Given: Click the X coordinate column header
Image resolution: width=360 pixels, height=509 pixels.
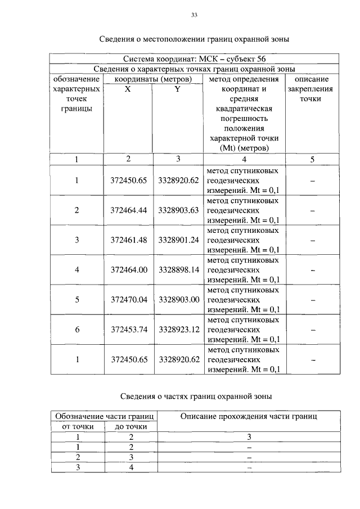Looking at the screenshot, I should click(x=128, y=89).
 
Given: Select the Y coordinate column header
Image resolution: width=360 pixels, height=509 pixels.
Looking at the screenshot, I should click(x=177, y=89).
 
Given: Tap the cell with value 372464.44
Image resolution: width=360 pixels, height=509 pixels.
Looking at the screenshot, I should click(x=128, y=210).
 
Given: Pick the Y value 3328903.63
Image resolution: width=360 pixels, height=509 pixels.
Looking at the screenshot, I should click(x=179, y=210).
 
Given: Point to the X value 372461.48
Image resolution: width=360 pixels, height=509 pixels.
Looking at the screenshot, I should click(x=128, y=240).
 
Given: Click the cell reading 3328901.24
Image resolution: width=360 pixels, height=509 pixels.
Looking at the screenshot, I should click(x=179, y=240).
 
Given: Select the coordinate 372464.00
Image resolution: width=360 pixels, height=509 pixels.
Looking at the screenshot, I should click(x=128, y=269).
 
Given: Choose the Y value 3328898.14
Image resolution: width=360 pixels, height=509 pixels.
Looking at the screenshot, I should click(x=179, y=269).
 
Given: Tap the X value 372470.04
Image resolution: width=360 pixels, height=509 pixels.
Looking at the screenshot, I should click(x=128, y=299).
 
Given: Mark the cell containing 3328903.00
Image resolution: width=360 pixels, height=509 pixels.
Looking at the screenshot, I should click(x=179, y=299).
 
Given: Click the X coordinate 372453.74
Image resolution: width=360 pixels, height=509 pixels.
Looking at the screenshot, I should click(x=128, y=329).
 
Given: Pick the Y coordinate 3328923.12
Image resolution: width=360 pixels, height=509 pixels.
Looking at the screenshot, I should click(x=179, y=329).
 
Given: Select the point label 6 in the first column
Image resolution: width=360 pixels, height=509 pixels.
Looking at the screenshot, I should click(x=77, y=329).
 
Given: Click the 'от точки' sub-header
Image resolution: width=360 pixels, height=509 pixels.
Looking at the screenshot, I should click(x=77, y=426).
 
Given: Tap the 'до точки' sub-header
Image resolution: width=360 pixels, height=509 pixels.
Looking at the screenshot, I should click(x=130, y=426).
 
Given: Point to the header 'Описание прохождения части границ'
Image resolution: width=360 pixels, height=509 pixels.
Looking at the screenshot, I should click(x=249, y=416).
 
